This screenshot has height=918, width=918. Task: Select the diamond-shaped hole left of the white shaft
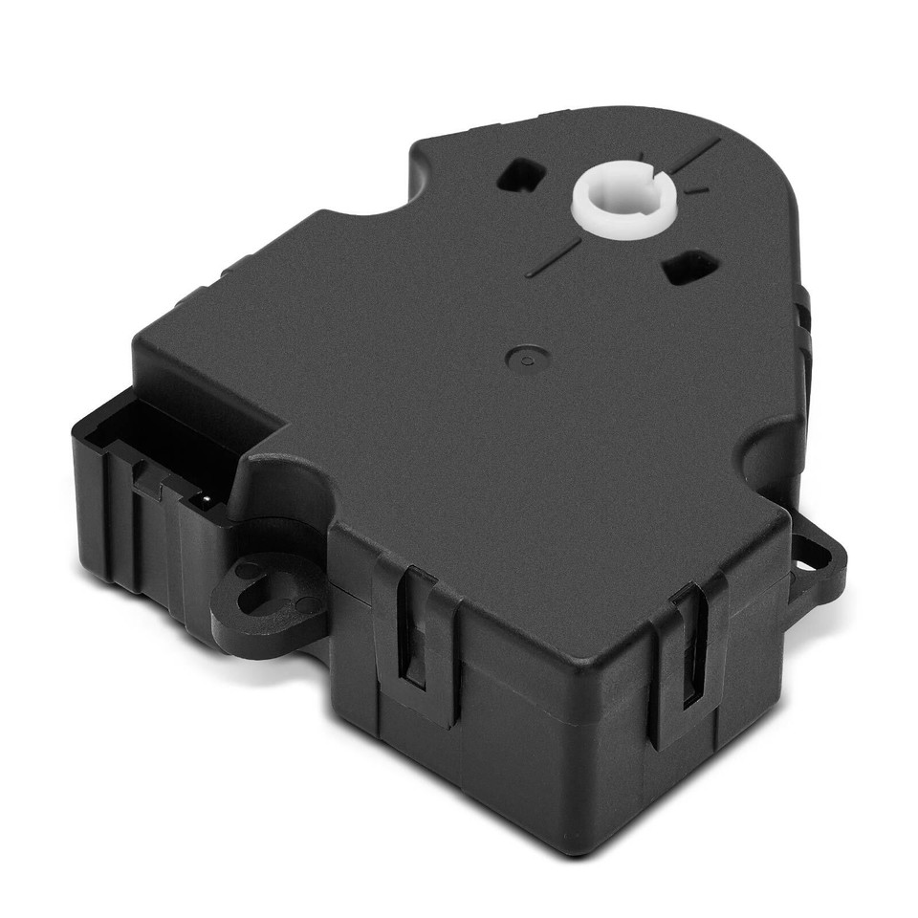523,175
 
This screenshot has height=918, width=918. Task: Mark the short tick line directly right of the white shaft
697,190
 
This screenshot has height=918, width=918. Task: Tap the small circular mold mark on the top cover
523,360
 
